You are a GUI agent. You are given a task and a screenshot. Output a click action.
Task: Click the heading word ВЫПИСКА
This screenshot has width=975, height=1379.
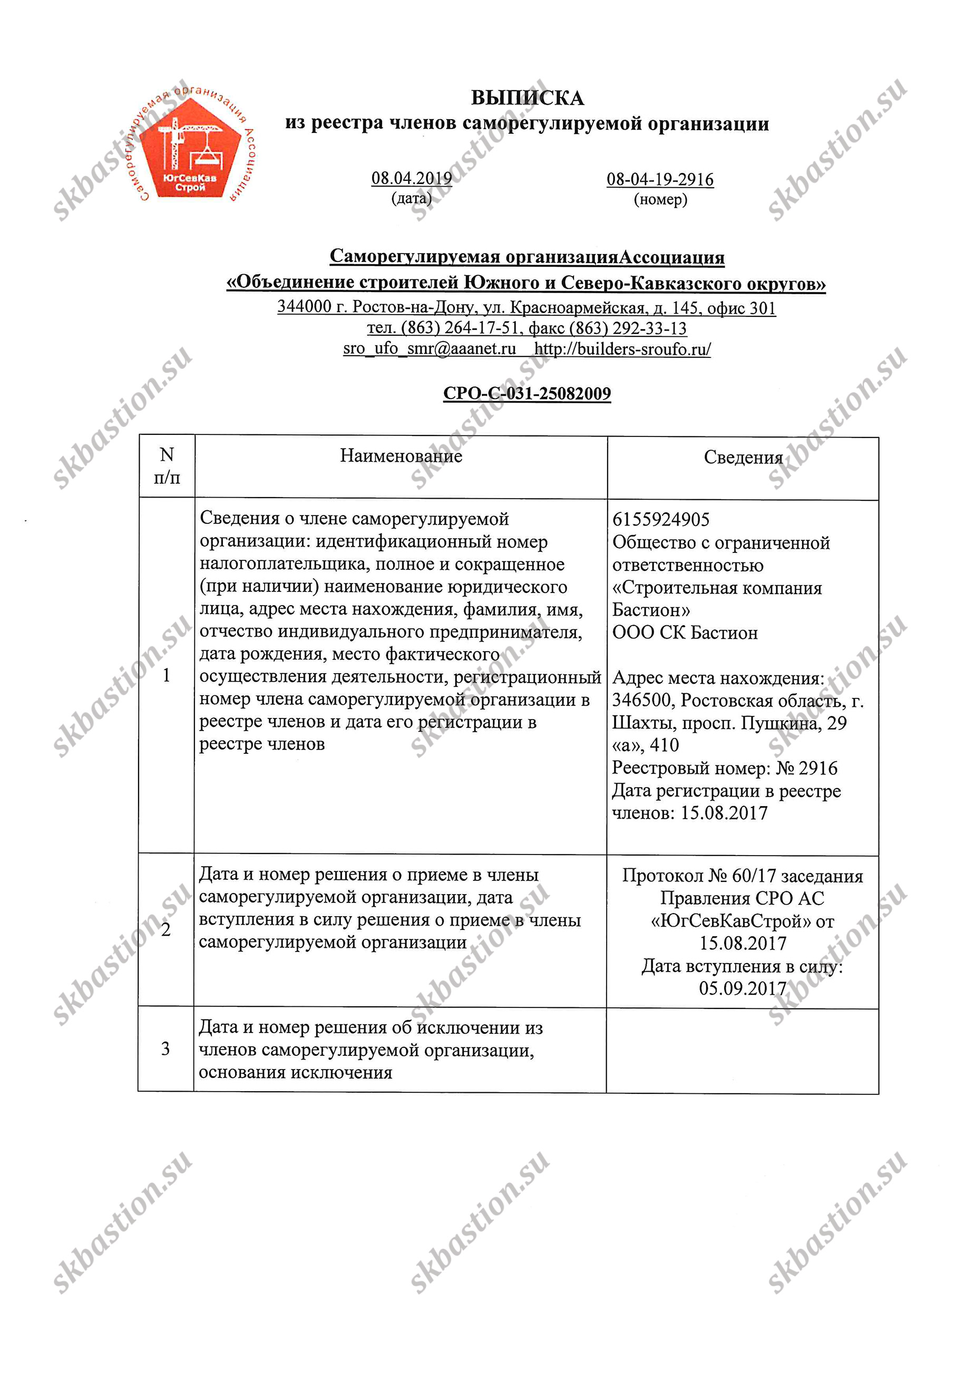[x=526, y=98]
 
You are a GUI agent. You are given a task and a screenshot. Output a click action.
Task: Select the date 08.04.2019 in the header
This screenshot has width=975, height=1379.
[x=411, y=178]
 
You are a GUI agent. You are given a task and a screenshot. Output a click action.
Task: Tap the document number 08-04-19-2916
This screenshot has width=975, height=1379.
[x=660, y=180]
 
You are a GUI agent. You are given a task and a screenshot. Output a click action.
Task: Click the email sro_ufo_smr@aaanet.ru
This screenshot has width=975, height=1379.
[x=430, y=348]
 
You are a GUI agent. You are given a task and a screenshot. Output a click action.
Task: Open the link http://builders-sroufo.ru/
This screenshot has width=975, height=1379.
[x=622, y=349]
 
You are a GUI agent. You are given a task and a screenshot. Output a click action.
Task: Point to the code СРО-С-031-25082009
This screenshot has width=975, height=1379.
[x=526, y=393]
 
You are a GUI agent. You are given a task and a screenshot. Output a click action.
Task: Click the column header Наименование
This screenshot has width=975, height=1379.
[x=401, y=456]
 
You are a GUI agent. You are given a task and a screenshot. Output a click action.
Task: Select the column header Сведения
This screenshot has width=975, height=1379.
[x=743, y=458]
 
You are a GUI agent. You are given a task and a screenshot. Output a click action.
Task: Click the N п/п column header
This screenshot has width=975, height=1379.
[x=167, y=466]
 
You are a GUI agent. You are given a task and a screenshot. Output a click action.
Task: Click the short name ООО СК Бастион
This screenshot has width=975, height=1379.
[x=685, y=633]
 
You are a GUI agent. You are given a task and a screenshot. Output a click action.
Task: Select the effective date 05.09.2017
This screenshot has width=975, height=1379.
[x=742, y=988]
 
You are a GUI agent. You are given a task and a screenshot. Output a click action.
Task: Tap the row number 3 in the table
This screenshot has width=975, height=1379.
[x=165, y=1049]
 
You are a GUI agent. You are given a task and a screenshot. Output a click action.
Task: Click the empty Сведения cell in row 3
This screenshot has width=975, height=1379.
[x=742, y=1051]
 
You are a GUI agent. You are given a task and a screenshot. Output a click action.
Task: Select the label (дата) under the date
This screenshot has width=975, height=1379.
[x=411, y=198]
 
